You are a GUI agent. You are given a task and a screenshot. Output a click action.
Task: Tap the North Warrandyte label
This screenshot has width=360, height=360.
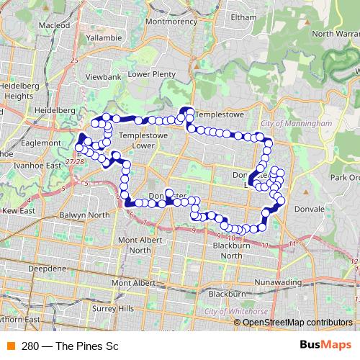coord(336,33)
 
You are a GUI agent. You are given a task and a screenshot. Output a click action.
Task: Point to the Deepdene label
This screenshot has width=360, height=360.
coord(47,268)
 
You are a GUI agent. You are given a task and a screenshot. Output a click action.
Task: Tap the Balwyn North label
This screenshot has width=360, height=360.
coord(86,215)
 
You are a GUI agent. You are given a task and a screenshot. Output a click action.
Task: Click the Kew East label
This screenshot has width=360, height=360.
coord(18,211)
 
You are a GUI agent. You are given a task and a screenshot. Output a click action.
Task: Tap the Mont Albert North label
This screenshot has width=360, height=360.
coord(140,244)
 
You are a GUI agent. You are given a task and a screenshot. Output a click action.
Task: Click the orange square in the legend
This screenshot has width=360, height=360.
coord(10,346)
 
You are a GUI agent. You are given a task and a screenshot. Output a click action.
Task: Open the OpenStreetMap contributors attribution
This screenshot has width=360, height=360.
coord(297,322)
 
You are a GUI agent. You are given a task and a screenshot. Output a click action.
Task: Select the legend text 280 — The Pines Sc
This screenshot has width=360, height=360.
coord(70,346)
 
